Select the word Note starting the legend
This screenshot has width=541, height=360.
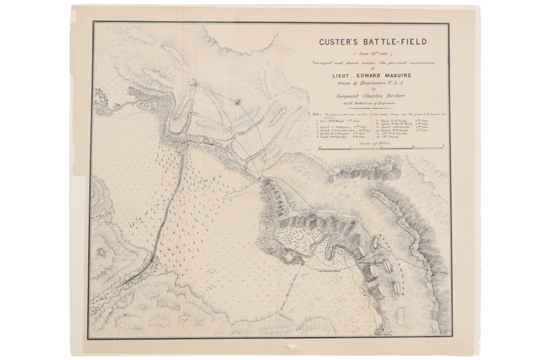pos(316,115)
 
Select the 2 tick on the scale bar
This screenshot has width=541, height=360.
pos(443,146)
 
